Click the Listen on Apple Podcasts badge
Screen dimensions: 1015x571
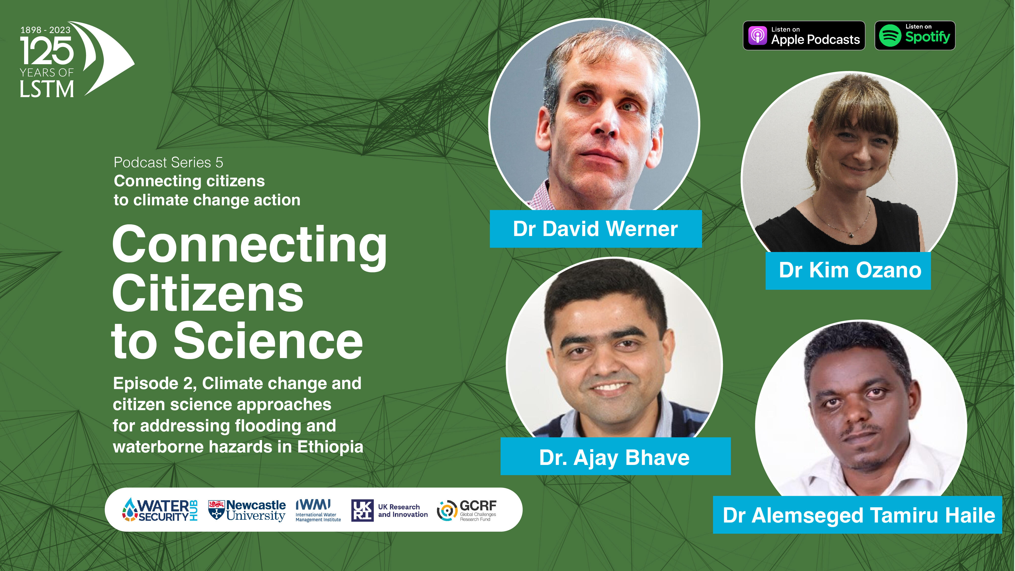click(804, 36)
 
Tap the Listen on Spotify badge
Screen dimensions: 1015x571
click(915, 36)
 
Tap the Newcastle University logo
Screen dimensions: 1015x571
click(247, 511)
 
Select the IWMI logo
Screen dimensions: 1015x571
click(318, 511)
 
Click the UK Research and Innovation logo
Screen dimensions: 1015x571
click(389, 510)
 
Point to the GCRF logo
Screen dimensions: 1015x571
click(467, 511)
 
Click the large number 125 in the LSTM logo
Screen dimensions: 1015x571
click(47, 51)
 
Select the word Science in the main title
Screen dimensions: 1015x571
click(268, 341)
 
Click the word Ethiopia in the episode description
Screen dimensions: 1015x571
click(330, 447)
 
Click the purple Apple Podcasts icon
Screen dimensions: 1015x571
click(757, 36)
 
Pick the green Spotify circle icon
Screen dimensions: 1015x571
click(890, 36)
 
